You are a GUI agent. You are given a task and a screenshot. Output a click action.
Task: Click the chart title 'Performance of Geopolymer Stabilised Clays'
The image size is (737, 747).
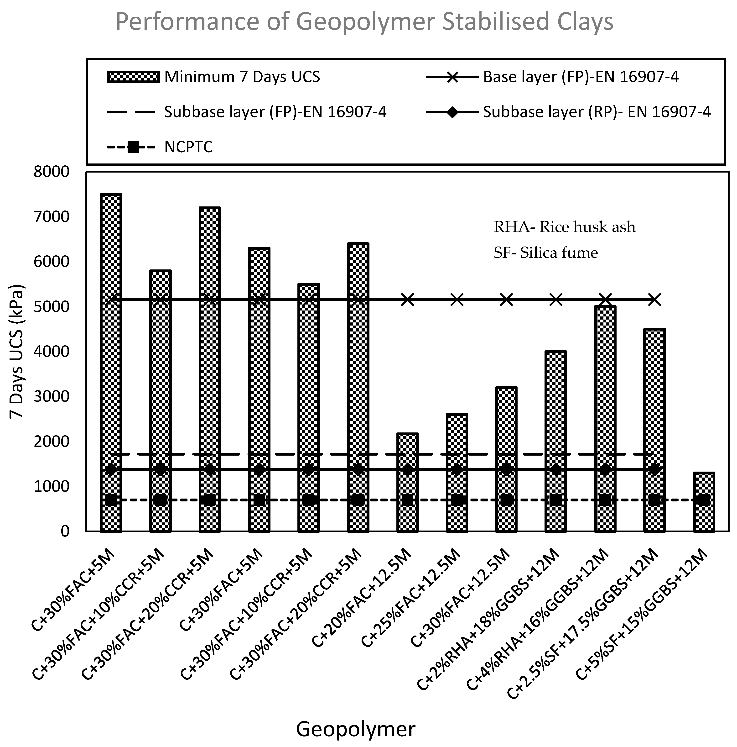click(x=364, y=22)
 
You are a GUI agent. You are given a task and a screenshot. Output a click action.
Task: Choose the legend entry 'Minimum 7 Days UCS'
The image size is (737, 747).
click(x=242, y=77)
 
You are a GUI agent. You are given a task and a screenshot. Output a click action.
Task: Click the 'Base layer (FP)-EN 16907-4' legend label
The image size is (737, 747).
click(x=581, y=77)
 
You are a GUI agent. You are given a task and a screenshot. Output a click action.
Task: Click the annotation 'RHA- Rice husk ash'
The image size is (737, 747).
click(x=564, y=227)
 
